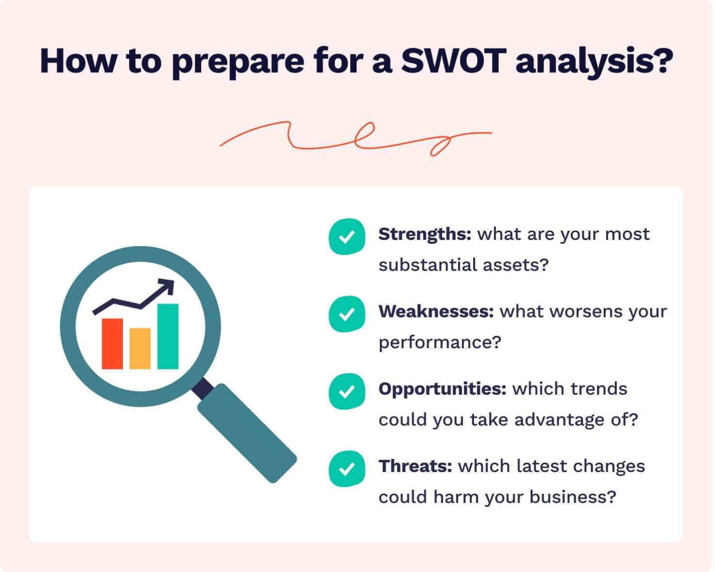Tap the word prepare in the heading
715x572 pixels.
tap(238, 62)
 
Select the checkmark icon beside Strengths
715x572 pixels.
tap(347, 237)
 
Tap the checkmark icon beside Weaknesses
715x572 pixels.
tap(347, 314)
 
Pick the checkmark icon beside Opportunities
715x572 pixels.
tap(347, 391)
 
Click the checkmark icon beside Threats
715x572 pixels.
tap(347, 469)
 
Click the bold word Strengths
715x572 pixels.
tap(425, 235)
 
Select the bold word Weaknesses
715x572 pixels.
tap(436, 312)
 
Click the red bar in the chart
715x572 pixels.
tap(112, 344)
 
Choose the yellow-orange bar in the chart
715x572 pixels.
tap(140, 349)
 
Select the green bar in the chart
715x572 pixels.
tap(168, 336)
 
